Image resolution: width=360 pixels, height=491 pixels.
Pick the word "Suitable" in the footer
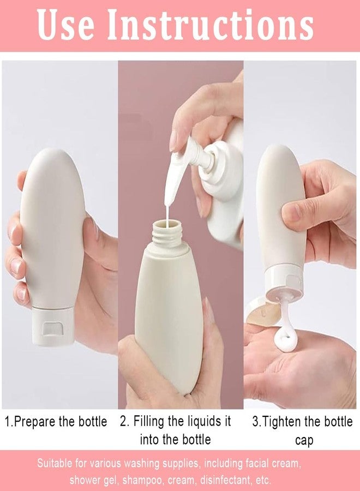click(x=55, y=464)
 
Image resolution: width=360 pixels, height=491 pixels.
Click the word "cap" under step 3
click(x=304, y=440)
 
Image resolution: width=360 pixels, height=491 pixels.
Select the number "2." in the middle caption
click(x=125, y=422)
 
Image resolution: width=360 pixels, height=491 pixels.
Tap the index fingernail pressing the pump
click(x=174, y=140)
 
